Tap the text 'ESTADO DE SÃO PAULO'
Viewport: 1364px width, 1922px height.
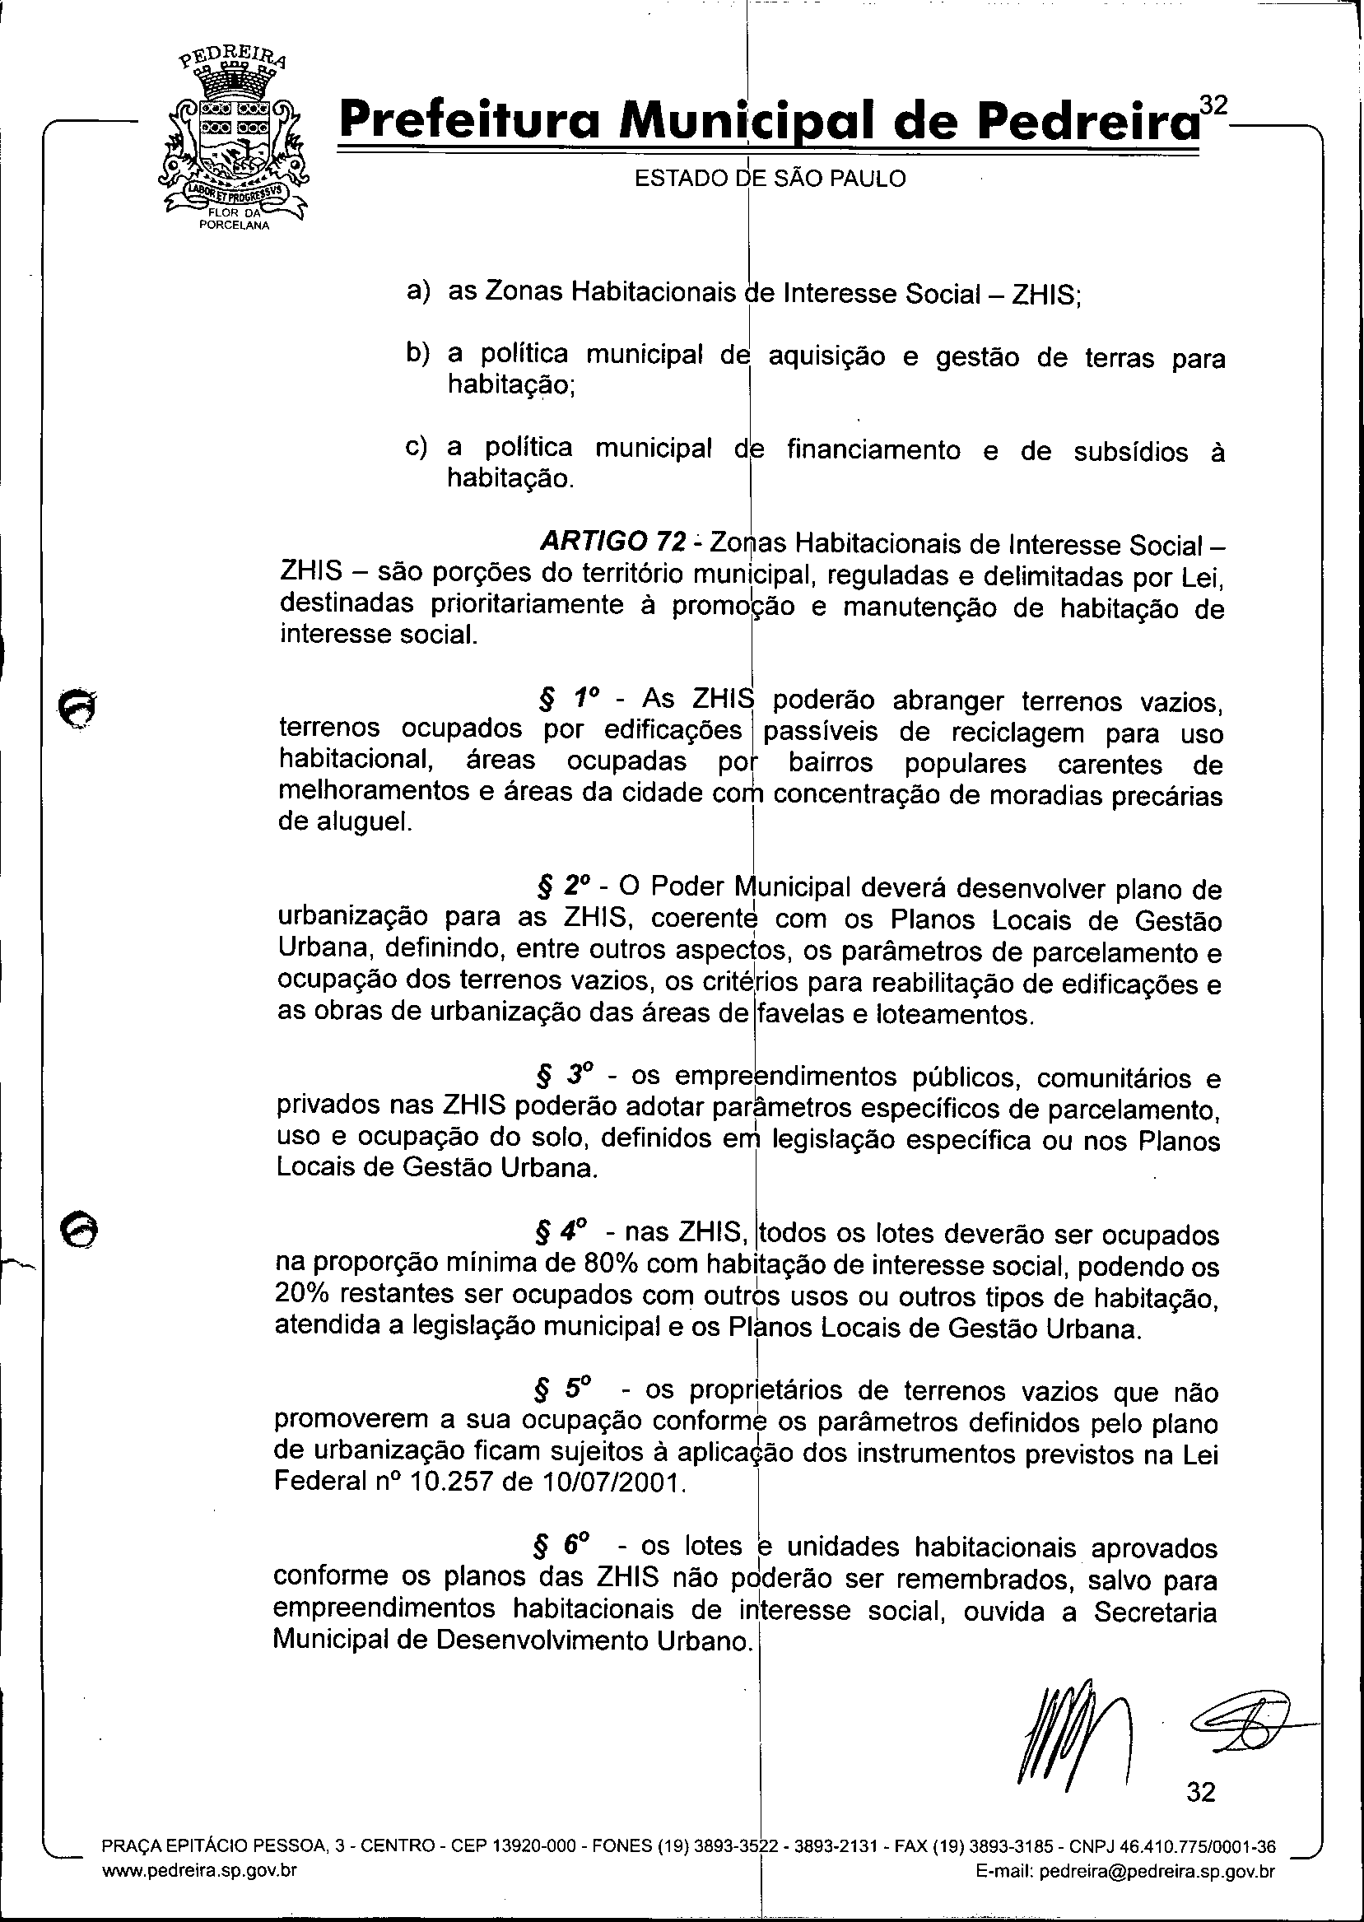pyautogui.click(x=770, y=179)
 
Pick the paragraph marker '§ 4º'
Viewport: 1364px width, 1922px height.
pyautogui.click(x=560, y=1231)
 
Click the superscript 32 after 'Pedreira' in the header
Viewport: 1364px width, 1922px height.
pyautogui.click(x=1213, y=104)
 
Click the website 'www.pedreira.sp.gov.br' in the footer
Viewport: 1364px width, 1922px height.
pyautogui.click(x=199, y=1865)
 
